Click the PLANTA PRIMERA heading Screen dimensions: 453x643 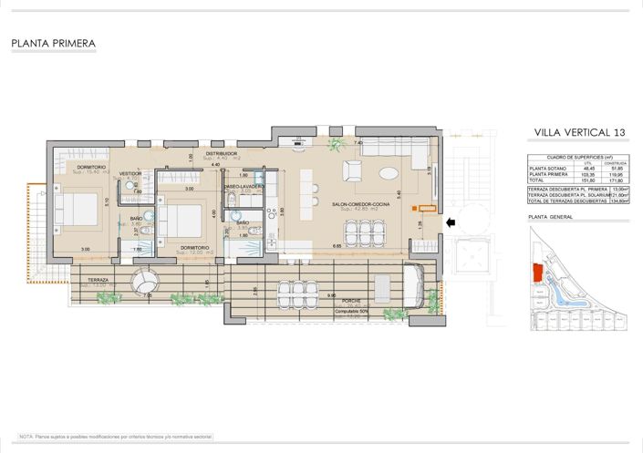[x=54, y=43]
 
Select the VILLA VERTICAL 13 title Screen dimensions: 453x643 [x=580, y=134]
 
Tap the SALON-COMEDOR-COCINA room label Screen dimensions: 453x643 [x=361, y=204]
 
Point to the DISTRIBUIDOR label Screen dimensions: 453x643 [x=222, y=154]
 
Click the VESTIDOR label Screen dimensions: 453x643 [x=130, y=172]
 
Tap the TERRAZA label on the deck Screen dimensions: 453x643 [x=99, y=280]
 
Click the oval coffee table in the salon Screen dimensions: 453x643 [x=389, y=172]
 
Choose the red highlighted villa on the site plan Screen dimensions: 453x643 [x=535, y=273]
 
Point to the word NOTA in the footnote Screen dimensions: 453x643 [x=26, y=437]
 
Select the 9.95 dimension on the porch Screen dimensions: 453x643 [x=332, y=295]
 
